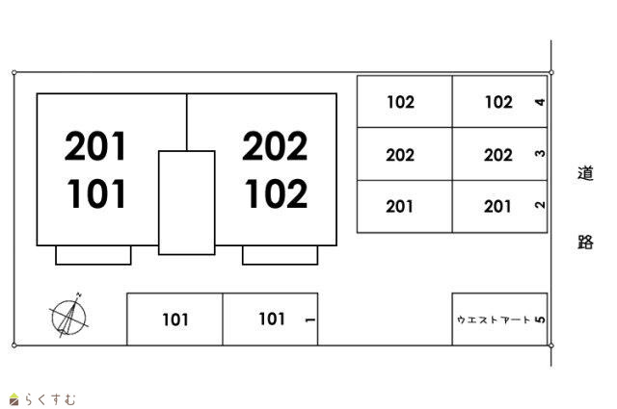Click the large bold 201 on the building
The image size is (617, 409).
96,147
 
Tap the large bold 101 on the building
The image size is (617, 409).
96,194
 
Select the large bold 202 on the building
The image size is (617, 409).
275,147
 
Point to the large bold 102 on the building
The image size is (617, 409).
275,194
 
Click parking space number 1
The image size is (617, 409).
308,320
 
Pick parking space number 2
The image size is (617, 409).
539,205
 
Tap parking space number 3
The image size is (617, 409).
539,154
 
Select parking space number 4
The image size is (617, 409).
539,102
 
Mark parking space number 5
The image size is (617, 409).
539,320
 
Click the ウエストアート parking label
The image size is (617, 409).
493,320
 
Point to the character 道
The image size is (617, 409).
585,174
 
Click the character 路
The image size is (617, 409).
585,242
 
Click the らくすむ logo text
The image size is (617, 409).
47,398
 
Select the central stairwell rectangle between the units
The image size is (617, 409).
186,202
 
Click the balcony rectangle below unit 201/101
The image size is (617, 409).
94,255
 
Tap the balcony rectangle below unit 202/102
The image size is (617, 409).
280,255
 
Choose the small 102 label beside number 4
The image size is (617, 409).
498,102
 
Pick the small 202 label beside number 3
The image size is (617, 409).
498,154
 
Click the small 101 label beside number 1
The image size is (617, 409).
272,320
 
